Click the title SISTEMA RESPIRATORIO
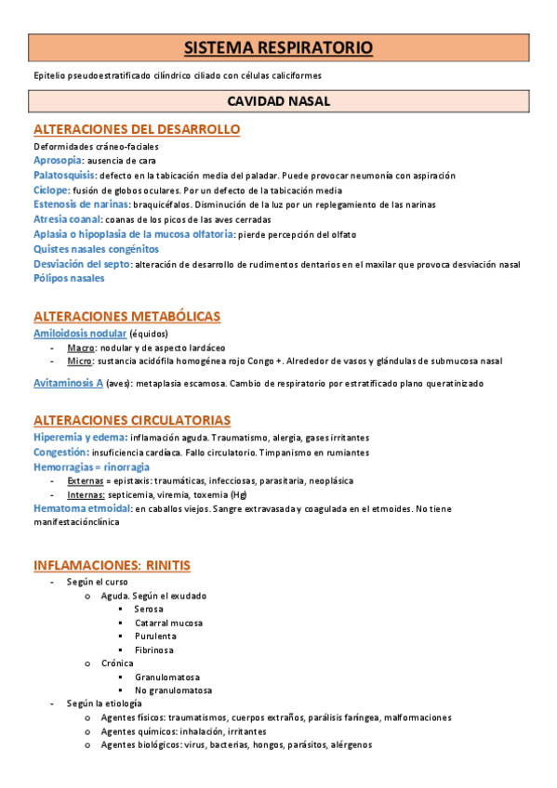278,46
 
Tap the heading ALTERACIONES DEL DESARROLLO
137,129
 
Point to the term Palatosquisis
64,175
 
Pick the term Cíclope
51,190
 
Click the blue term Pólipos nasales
69,278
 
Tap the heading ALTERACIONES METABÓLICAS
126,316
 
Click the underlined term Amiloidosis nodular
79,333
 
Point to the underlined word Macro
79,347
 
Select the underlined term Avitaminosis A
68,383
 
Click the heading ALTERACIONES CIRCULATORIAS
132,420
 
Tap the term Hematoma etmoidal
82,508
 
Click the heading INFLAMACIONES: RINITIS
112,565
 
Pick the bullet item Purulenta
154,637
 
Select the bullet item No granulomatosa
173,690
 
